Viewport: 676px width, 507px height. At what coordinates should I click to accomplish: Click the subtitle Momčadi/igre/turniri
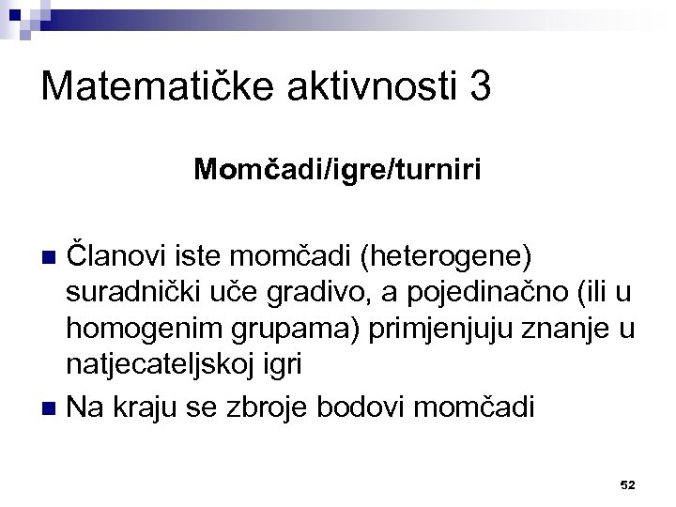tap(338, 170)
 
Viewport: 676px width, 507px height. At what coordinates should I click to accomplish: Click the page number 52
tap(628, 484)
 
